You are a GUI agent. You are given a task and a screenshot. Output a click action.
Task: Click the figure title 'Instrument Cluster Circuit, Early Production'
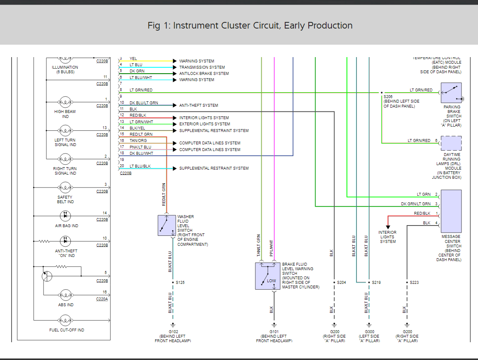250,26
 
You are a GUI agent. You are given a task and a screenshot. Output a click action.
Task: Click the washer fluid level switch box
167,226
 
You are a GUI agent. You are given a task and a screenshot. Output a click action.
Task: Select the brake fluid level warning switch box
268,276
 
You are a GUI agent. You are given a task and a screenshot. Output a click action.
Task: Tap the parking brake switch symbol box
451,93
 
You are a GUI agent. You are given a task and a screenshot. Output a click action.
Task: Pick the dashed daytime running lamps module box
451,143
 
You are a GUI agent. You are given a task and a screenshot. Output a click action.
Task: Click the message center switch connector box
451,211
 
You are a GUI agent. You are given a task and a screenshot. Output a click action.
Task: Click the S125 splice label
180,282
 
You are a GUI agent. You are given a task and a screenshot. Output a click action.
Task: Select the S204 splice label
341,282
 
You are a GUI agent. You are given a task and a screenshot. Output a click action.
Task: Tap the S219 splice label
376,282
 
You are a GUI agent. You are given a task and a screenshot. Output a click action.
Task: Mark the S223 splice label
414,282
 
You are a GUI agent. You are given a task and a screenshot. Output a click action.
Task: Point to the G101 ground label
274,331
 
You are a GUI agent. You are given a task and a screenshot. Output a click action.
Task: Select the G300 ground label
369,331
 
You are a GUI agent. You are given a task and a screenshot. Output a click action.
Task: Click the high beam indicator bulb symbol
65,102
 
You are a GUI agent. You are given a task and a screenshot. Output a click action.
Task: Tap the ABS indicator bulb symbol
65,295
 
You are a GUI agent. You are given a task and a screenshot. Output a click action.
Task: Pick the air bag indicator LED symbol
65,216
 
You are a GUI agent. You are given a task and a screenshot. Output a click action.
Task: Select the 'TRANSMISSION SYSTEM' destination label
202,67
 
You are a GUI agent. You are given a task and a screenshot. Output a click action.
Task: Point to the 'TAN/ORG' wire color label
138,141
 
